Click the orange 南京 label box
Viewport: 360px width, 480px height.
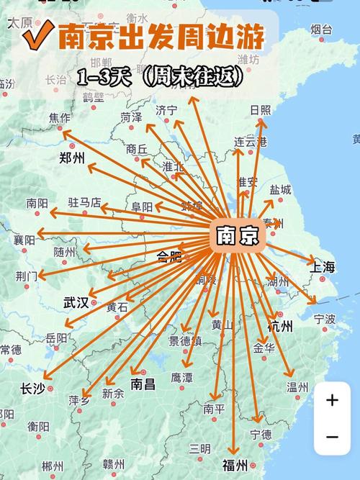pos(238,235)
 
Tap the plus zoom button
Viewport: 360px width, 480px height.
pos(332,401)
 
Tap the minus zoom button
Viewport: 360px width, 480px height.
pos(332,437)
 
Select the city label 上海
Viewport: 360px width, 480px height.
pos(323,267)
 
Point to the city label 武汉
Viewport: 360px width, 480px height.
pos(76,302)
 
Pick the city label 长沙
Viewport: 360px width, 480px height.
pos(32,389)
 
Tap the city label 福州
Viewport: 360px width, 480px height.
pos(235,464)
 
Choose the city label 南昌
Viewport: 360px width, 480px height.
pos(143,384)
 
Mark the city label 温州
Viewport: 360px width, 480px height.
pos(297,387)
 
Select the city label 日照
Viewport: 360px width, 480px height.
pos(260,109)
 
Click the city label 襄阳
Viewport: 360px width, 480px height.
pos(24,240)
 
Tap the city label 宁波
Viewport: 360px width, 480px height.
pos(325,318)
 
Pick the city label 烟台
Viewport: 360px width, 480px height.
pos(322,29)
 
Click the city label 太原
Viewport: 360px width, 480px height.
pos(19,22)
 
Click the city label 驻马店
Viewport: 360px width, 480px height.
pos(84,203)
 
